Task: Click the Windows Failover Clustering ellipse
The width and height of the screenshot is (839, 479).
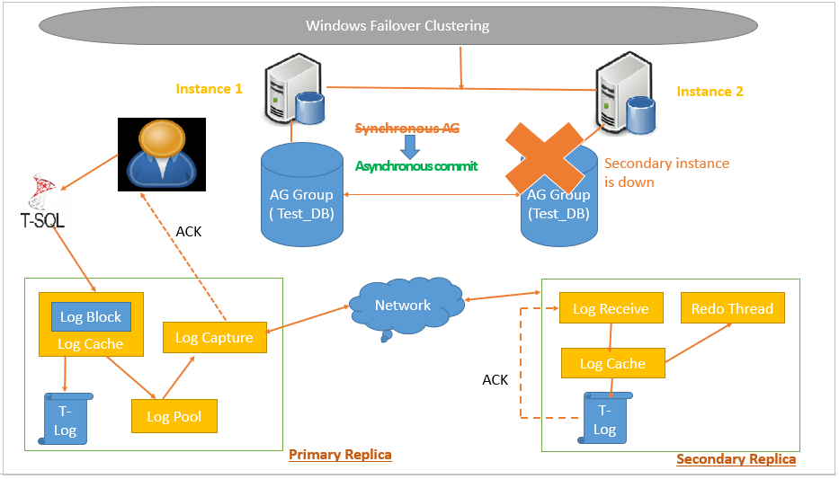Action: [x=397, y=26]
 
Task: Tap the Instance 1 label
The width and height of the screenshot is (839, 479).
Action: [x=209, y=89]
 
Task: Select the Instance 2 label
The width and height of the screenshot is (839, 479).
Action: [x=710, y=92]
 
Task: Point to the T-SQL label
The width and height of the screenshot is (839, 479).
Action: [x=42, y=219]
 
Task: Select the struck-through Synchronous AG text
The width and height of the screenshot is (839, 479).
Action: [x=406, y=129]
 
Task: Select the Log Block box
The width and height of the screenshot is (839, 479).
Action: [x=91, y=317]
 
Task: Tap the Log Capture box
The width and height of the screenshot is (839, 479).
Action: [x=214, y=338]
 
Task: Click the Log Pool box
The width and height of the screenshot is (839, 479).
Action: [x=174, y=417]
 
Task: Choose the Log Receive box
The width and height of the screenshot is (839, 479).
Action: [x=611, y=309]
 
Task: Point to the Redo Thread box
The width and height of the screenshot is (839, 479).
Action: [x=732, y=309]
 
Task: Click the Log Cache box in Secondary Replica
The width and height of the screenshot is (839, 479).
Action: [x=611, y=364]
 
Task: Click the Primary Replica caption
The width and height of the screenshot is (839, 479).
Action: [x=340, y=455]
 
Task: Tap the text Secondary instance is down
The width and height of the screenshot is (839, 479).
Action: [x=666, y=173]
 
